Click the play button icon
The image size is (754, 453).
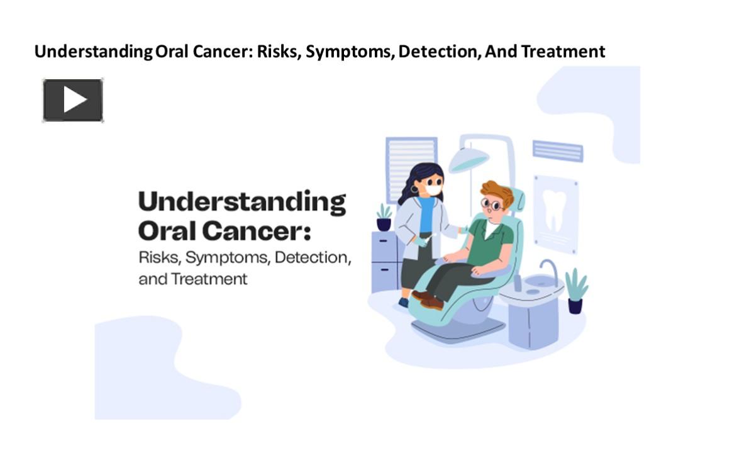tap(73, 100)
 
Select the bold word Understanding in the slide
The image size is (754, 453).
tap(241, 203)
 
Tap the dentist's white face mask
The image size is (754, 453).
tap(433, 187)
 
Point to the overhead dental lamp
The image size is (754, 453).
tap(468, 159)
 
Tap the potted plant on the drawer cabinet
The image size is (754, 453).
tap(384, 217)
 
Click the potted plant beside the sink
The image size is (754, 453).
tap(575, 289)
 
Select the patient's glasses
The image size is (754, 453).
tap(491, 204)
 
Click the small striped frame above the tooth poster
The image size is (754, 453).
tap(557, 151)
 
